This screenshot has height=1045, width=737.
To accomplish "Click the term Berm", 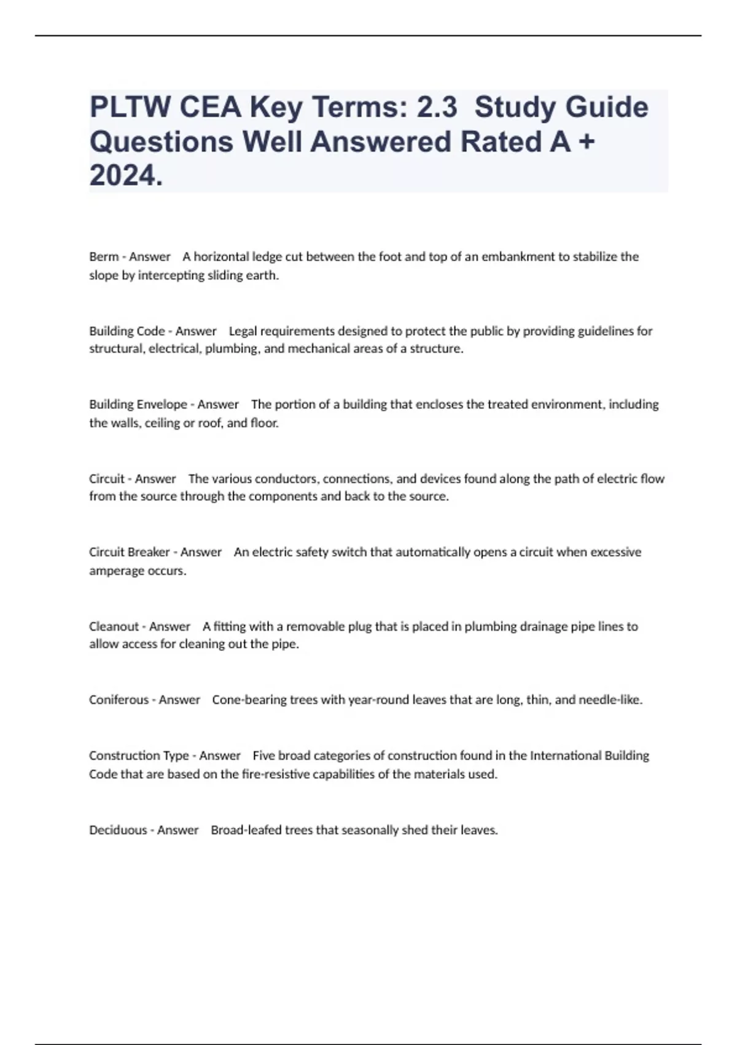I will [x=103, y=257].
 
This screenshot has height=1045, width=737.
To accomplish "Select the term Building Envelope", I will [x=138, y=404].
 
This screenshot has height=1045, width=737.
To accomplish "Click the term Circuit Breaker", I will [x=129, y=552].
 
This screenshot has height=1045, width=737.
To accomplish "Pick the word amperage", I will [x=115, y=571].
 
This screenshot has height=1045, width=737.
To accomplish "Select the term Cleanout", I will [x=114, y=626].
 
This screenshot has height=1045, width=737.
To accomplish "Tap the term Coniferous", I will [x=119, y=700].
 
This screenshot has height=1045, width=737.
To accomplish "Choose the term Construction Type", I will [x=139, y=755].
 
